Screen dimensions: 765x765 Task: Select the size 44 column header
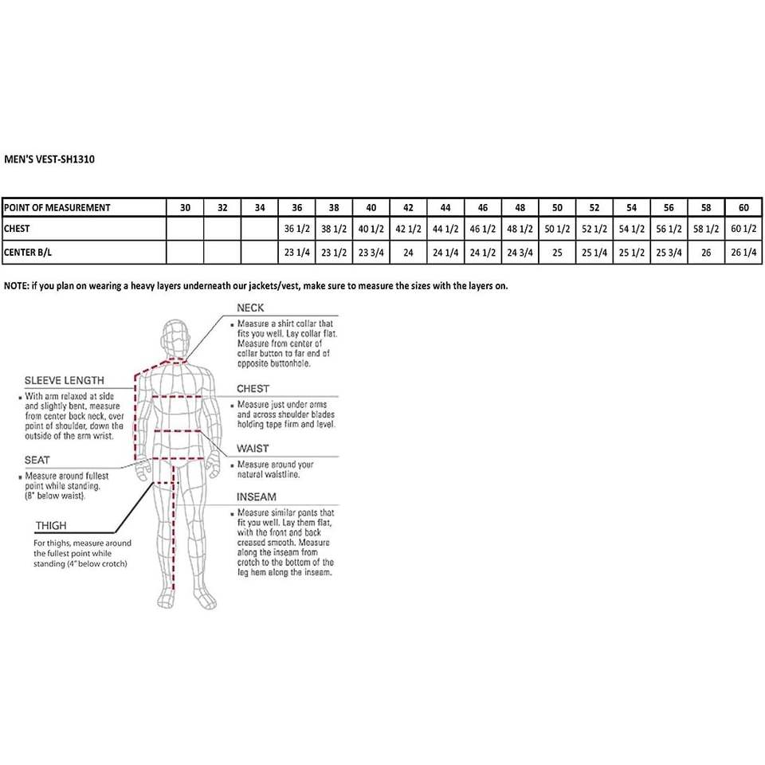pyautogui.click(x=445, y=208)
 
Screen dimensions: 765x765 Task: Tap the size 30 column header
pyautogui.click(x=185, y=208)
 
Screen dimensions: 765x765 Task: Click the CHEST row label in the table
pyautogui.click(x=17, y=229)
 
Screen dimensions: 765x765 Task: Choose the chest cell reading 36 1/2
pyautogui.click(x=296, y=229)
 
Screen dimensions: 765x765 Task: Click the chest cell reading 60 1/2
pyautogui.click(x=743, y=229)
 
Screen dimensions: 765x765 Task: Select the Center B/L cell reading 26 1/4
pyautogui.click(x=743, y=253)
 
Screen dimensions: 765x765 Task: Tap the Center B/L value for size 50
pyautogui.click(x=557, y=253)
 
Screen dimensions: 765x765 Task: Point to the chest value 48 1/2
pyautogui.click(x=520, y=229)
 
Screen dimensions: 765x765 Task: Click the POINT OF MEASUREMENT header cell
pyautogui.click(x=57, y=208)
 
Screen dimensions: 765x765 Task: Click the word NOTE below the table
pyautogui.click(x=16, y=285)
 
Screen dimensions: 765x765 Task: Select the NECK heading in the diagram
pyautogui.click(x=250, y=308)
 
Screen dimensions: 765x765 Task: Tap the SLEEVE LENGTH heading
pyautogui.click(x=65, y=381)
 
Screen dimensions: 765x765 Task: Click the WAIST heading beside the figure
pyautogui.click(x=253, y=449)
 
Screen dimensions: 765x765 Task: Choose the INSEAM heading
pyautogui.click(x=257, y=496)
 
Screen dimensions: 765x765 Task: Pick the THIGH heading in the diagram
pyautogui.click(x=50, y=526)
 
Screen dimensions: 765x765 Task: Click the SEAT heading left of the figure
pyautogui.click(x=37, y=460)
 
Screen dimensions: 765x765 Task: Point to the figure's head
pyautogui.click(x=175, y=339)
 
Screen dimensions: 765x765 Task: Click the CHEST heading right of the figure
pyautogui.click(x=253, y=389)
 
